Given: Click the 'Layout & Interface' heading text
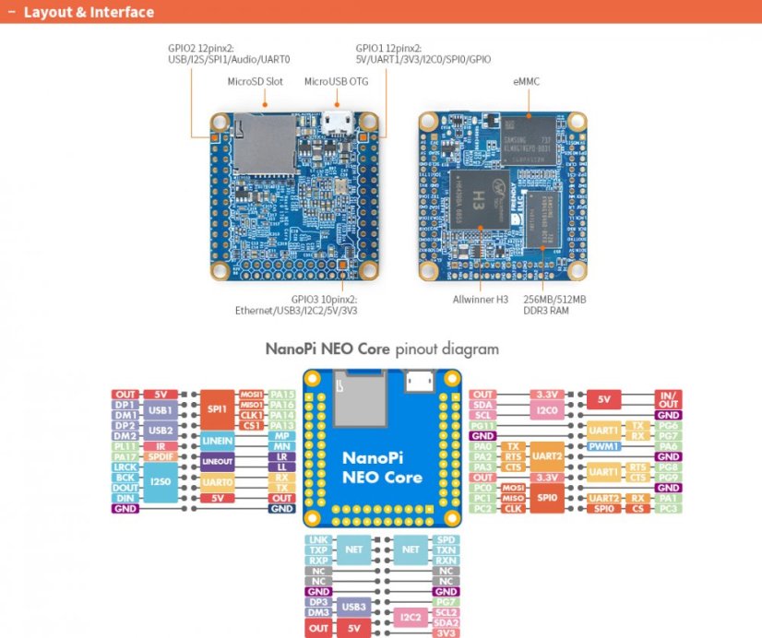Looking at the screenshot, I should pos(89,13).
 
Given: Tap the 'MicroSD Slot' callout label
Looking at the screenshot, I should pos(256,81).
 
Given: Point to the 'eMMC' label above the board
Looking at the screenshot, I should pos(526,81).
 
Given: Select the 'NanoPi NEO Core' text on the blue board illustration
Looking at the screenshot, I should pos(382,467).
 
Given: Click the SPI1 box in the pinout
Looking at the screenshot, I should pos(218,407).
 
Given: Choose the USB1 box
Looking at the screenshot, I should pos(161,409).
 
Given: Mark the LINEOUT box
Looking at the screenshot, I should pos(218,461).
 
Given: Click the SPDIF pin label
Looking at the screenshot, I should pos(161,456).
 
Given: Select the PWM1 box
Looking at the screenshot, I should pos(607,446).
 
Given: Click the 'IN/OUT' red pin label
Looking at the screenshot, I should pos(667,399).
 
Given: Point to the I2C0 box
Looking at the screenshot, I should pos(547,408).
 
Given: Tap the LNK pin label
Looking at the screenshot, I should pos(317,539).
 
